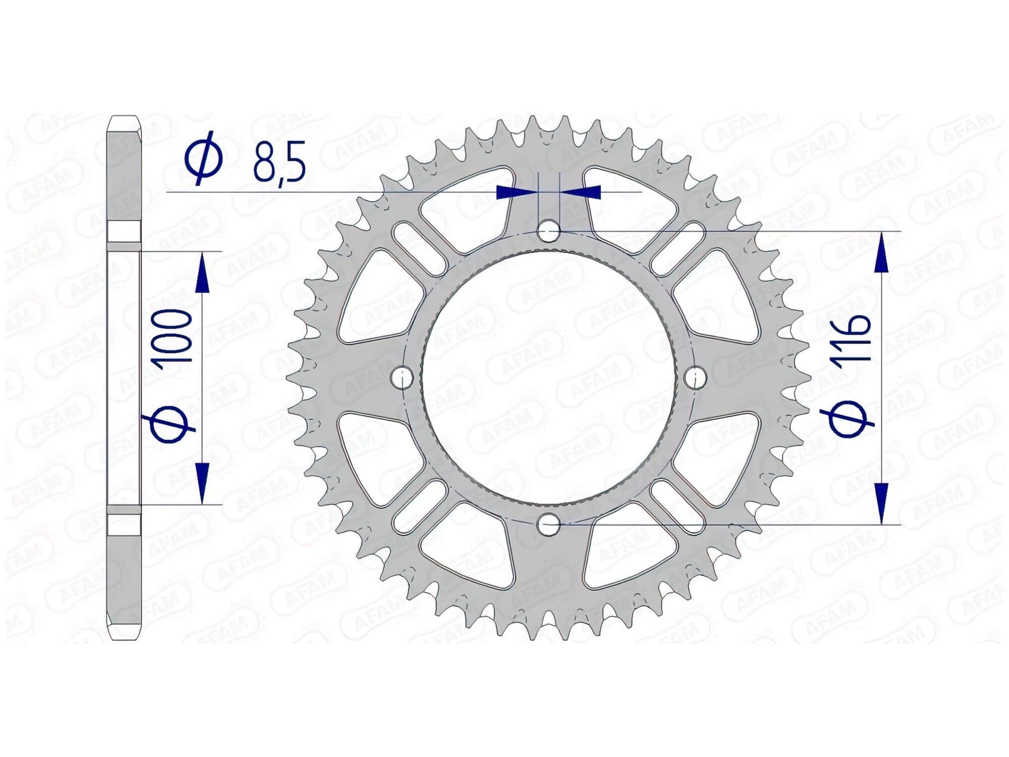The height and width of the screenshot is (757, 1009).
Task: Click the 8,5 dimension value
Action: tap(279, 163)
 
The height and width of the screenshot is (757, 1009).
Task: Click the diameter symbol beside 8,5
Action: tap(204, 158)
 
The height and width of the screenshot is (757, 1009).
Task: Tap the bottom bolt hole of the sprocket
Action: tap(549, 525)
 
